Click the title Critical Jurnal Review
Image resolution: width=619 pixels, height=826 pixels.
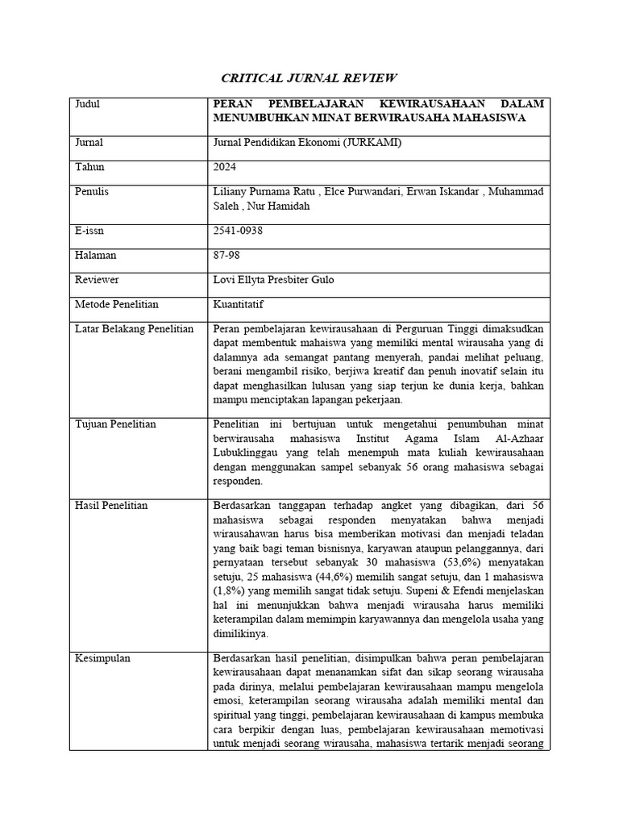click(309, 78)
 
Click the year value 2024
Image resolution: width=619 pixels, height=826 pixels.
click(226, 167)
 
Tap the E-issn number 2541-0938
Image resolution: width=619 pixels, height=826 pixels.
click(239, 231)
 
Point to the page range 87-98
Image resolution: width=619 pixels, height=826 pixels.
click(229, 255)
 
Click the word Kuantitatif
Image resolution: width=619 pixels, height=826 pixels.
click(239, 304)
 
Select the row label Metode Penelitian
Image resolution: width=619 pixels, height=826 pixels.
click(117, 304)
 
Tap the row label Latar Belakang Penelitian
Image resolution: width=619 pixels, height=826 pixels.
click(134, 328)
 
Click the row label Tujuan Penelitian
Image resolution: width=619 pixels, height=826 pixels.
click(115, 424)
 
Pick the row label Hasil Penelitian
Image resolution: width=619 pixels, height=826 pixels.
click(111, 505)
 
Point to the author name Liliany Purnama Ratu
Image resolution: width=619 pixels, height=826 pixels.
click(262, 191)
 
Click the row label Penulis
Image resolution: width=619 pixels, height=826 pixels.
click(92, 191)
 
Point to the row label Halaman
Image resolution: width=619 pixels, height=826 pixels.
click(96, 255)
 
